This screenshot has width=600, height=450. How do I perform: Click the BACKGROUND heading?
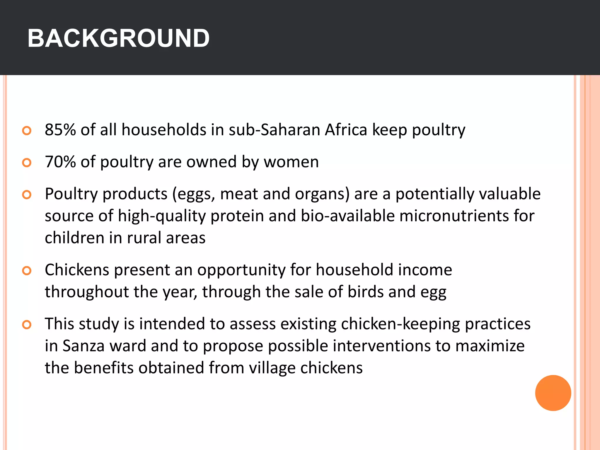[118, 38]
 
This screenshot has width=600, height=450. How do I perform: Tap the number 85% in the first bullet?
[60, 130]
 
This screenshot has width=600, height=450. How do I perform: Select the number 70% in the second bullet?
[60, 162]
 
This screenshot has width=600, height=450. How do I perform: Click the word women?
[291, 162]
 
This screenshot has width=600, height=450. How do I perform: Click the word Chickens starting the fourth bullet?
[77, 270]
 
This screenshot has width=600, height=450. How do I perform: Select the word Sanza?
[83, 346]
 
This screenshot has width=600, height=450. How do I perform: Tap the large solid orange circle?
[553, 393]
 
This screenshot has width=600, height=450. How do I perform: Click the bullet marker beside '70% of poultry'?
[27, 162]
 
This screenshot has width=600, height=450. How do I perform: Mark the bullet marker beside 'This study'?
[27, 325]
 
